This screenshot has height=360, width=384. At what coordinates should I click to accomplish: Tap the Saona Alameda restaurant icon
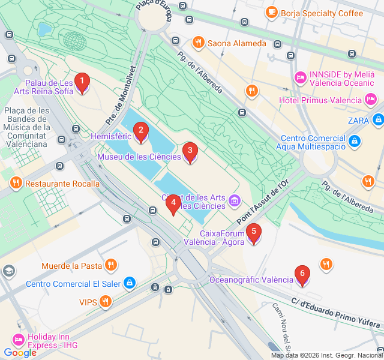[x=198, y=43]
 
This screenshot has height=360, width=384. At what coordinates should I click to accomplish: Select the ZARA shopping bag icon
[x=377, y=121]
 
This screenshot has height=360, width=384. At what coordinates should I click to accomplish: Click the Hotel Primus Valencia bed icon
[x=370, y=99]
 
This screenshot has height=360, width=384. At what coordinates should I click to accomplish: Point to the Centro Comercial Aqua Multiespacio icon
[x=355, y=142]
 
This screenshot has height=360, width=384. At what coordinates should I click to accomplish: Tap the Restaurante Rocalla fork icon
[x=16, y=183]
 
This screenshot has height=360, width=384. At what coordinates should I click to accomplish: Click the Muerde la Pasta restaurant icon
[x=110, y=265]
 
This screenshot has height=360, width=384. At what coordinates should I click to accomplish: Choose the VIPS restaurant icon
[x=106, y=302]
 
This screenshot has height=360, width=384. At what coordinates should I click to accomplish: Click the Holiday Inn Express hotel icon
[x=18, y=340]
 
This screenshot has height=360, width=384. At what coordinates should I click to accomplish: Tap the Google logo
[x=20, y=353]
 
